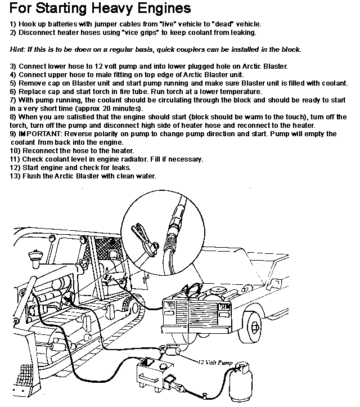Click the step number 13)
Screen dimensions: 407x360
click(x=16, y=176)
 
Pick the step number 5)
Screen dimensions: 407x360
click(x=14, y=83)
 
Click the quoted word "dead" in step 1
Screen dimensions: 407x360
click(x=218, y=24)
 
